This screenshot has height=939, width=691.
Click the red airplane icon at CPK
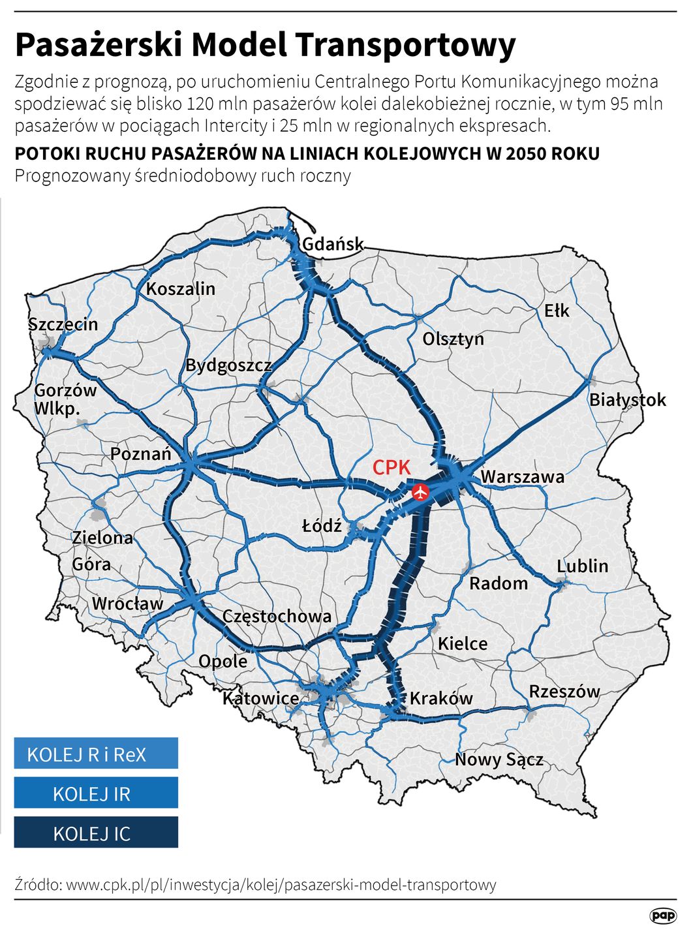pyautogui.click(x=420, y=492)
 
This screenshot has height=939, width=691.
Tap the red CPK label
pyautogui.click(x=392, y=467)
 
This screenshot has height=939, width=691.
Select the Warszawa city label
pyautogui.click(x=523, y=477)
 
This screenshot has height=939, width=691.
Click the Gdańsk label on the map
pyautogui.click(x=333, y=244)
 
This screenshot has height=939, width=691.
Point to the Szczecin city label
pyautogui.click(x=63, y=324)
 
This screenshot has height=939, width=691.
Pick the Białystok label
pyautogui.click(x=628, y=400)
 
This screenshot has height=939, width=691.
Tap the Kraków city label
pyautogui.click(x=441, y=698)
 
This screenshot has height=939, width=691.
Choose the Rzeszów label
pyautogui.click(x=564, y=692)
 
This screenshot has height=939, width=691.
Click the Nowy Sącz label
pyautogui.click(x=499, y=760)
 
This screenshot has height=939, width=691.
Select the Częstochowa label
pyautogui.click(x=277, y=617)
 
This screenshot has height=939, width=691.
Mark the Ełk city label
pyautogui.click(x=557, y=311)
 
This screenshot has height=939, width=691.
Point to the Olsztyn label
pyautogui.click(x=453, y=339)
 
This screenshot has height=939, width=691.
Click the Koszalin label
pyautogui.click(x=181, y=289)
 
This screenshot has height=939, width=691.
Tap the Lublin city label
pyautogui.click(x=582, y=566)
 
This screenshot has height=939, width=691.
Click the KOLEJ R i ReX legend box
pyautogui.click(x=96, y=754)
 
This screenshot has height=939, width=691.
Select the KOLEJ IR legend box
pyautogui.click(x=96, y=793)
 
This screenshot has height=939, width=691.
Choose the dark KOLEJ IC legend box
pyautogui.click(x=96, y=833)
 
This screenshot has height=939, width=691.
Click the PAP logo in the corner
pyautogui.click(x=662, y=916)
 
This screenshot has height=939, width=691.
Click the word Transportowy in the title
pyautogui.click(x=405, y=45)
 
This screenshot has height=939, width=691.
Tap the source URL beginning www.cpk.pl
pyautogui.click(x=281, y=885)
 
